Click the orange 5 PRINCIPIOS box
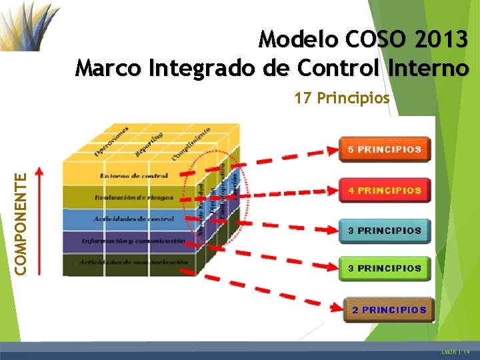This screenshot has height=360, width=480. click(385, 149)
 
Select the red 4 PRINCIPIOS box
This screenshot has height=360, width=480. click(385, 190)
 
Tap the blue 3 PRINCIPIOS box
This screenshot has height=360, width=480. click(385, 231)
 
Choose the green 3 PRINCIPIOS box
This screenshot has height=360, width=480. click(385, 269)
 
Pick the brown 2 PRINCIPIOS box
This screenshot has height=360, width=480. click(389, 309)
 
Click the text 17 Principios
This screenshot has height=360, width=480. click(342, 99)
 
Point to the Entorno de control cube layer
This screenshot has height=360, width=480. click(134, 176)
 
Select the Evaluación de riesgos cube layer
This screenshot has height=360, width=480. click(133, 198)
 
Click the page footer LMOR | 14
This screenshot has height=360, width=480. click(455, 351)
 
